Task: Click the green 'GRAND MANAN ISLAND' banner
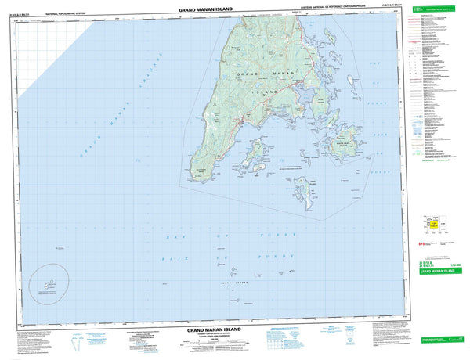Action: point(436,271)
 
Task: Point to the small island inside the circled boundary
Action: point(49,286)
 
